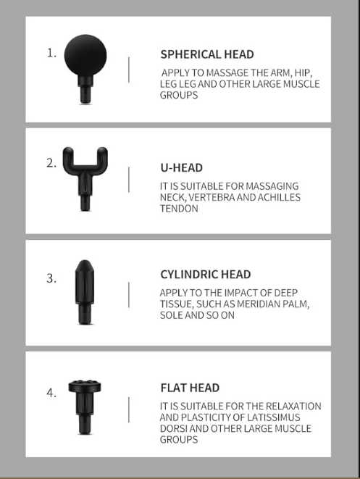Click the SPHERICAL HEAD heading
point(207,54)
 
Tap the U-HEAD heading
point(181,167)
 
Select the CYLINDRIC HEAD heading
point(206,275)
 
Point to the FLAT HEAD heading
point(190,388)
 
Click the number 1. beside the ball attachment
point(51,54)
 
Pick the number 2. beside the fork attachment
point(51,163)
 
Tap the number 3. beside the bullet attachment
point(51,278)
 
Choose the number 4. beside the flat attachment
point(51,393)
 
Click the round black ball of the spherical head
point(85,55)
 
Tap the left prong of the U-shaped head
point(68,158)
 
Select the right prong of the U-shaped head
point(102,158)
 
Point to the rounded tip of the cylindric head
point(85,265)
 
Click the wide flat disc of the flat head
point(85,386)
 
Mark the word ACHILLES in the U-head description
point(279,197)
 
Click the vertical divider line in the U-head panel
point(129,180)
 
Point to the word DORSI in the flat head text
point(173,428)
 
